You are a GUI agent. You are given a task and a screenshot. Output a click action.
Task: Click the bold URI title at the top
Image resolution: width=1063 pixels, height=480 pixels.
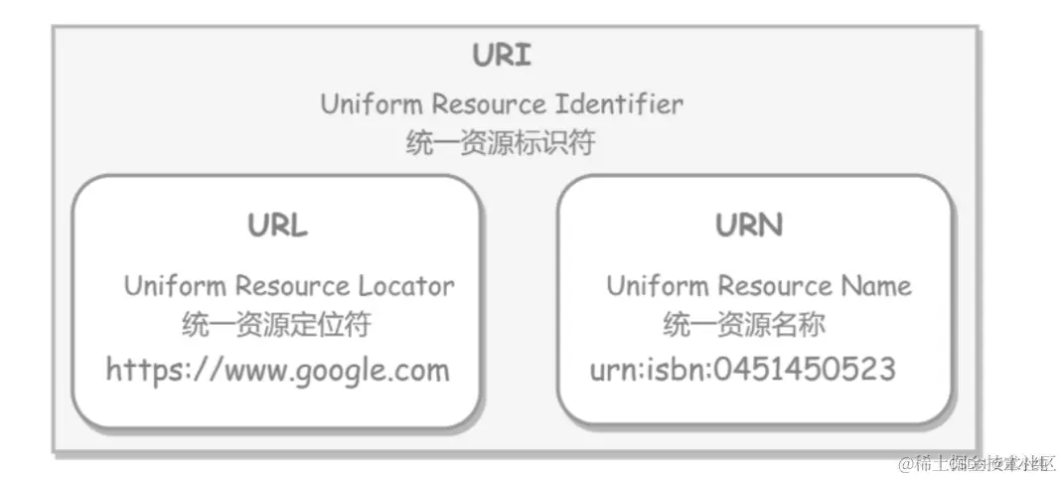tap(502, 55)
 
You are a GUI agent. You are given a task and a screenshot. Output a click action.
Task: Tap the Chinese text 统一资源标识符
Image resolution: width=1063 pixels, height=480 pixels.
tap(501, 143)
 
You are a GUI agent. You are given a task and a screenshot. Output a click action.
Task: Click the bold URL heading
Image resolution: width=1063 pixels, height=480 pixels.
tap(278, 226)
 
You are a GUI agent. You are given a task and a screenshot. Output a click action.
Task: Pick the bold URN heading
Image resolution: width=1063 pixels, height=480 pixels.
tap(749, 226)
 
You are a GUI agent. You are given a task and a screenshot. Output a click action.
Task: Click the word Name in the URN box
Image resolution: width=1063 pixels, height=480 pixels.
tap(875, 286)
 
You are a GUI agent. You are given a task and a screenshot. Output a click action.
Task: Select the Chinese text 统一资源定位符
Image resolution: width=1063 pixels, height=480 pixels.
tap(277, 325)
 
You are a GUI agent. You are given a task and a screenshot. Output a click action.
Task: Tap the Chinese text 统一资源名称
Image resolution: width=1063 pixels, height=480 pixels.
tap(744, 325)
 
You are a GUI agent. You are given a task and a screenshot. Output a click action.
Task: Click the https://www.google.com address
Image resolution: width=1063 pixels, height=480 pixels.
tap(278, 371)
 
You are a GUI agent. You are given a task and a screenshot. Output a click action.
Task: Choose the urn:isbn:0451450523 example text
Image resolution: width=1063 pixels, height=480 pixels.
tap(743, 371)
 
